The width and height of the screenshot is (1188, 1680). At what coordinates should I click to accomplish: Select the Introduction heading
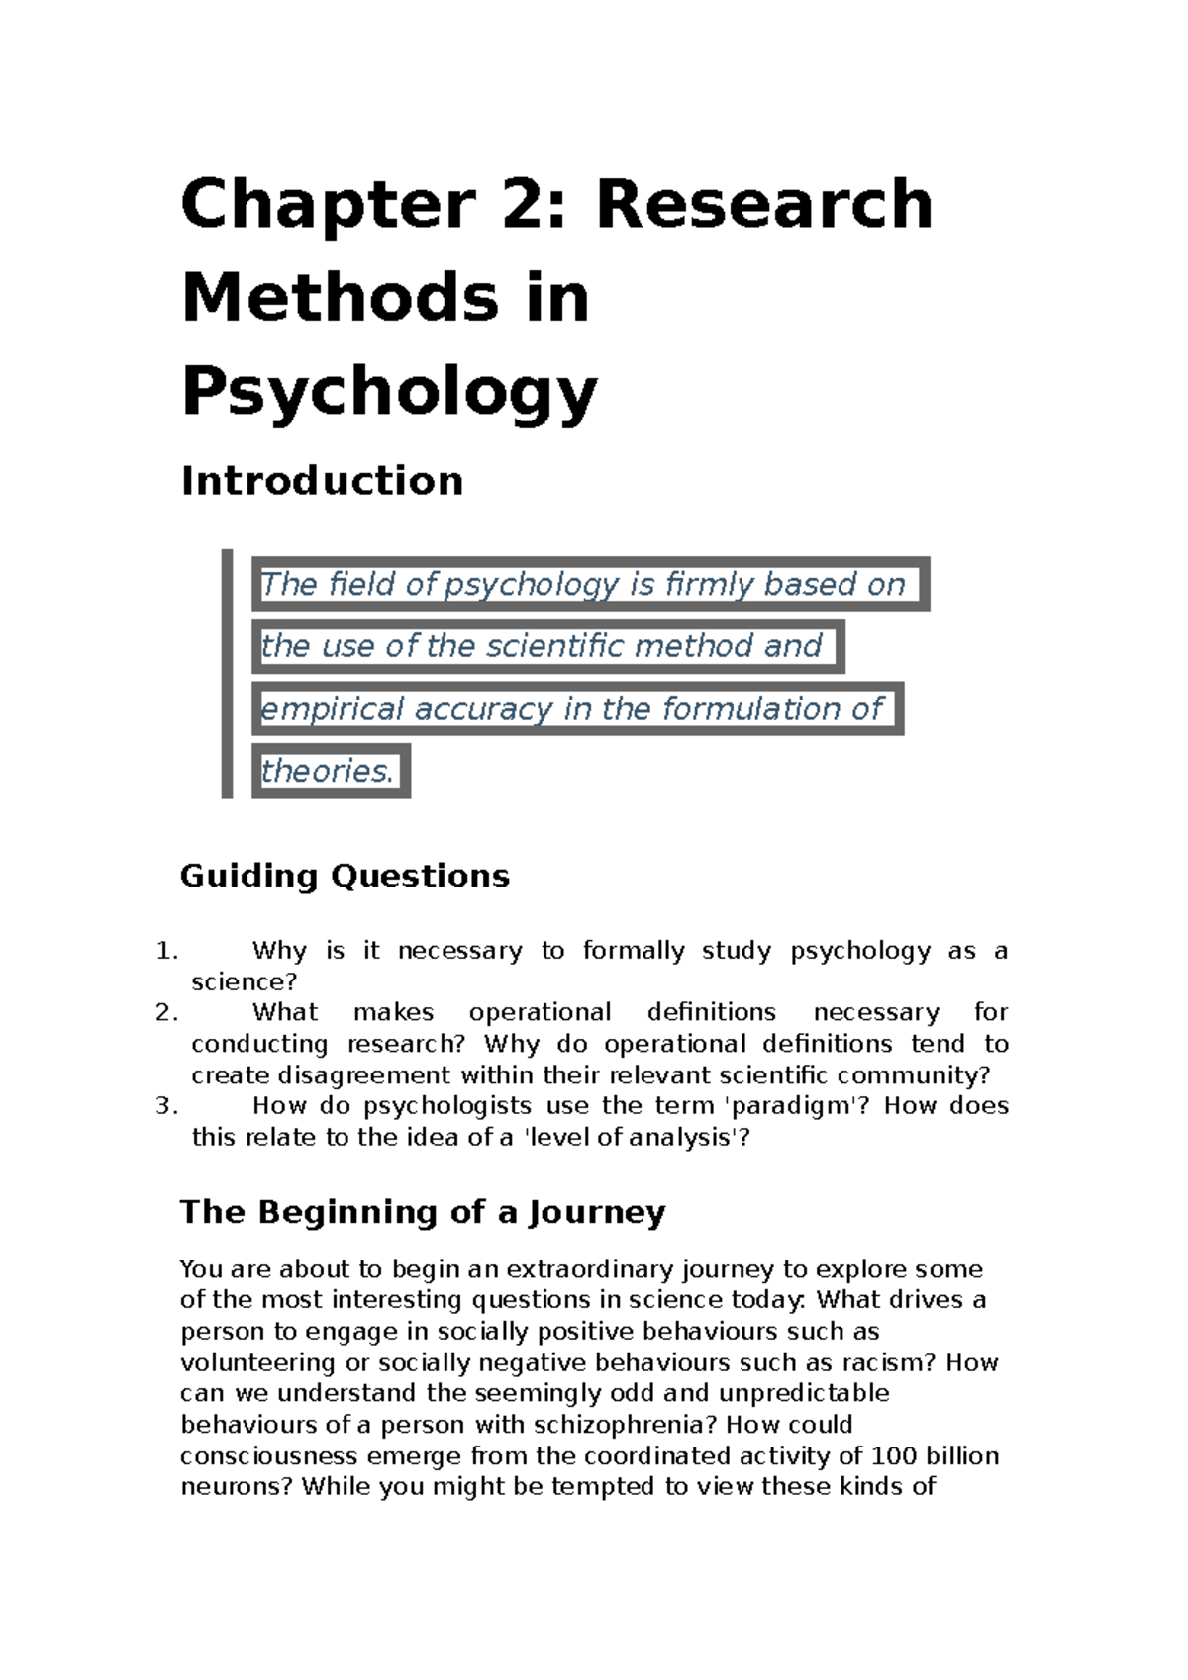pyautogui.click(x=322, y=481)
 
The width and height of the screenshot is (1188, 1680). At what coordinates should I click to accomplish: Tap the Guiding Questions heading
pyautogui.click(x=345, y=876)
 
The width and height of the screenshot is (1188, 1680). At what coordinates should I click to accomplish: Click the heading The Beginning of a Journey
pyautogui.click(x=423, y=1212)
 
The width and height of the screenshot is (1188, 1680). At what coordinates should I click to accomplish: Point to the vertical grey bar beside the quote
pyautogui.click(x=227, y=674)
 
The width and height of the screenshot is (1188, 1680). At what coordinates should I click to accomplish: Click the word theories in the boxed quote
pyautogui.click(x=327, y=771)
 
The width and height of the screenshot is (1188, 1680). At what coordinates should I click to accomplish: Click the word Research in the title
pyautogui.click(x=764, y=204)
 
